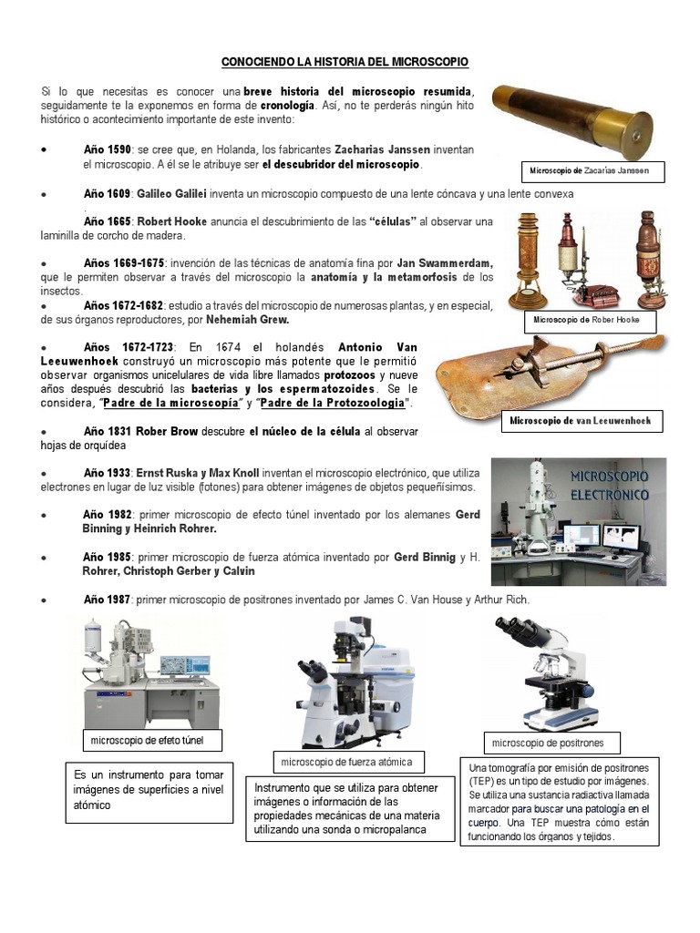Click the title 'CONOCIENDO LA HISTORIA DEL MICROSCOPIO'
(x=345, y=62)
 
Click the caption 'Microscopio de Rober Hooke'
(x=586, y=320)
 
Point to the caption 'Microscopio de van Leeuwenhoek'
(x=581, y=421)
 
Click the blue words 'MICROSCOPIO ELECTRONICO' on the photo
(x=609, y=486)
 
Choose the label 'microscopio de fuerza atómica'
(x=346, y=762)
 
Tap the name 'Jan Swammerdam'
(x=441, y=262)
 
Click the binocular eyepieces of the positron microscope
(x=518, y=630)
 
